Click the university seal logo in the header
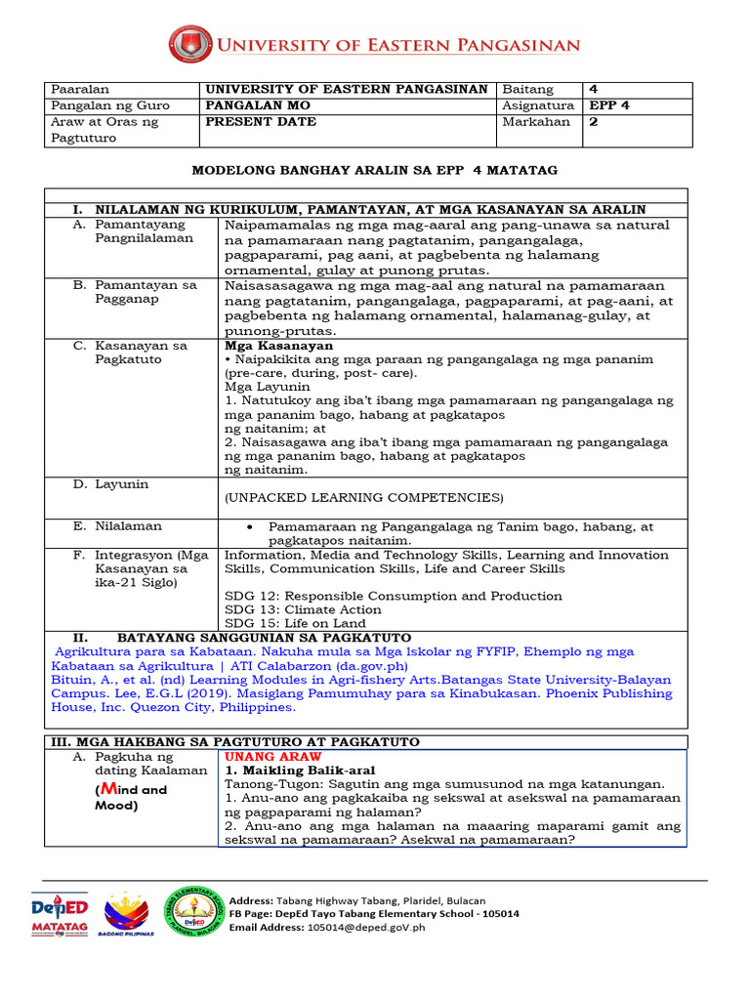point(189,45)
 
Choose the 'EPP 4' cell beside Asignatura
point(610,105)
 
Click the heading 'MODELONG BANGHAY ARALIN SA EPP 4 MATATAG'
point(374,170)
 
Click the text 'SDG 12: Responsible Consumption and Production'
point(393,596)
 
